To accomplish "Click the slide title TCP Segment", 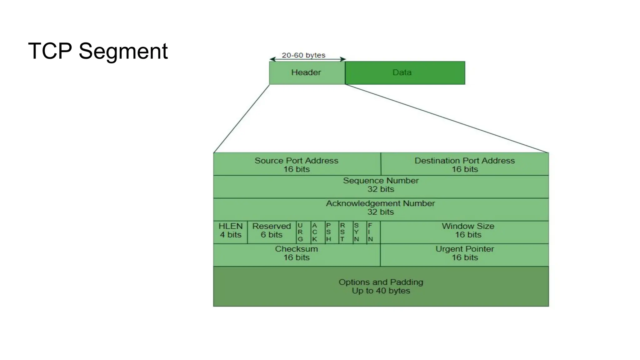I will pos(98,51).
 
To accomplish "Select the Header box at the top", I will pos(307,72).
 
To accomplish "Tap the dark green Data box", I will pos(405,72).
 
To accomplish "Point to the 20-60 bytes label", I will pos(303,55).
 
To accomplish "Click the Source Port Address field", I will pos(297,164).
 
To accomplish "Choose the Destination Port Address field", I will pos(465,164).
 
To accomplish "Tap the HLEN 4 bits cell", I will pos(231,232).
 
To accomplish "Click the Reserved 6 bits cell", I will pos(272,232).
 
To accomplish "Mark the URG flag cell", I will pos(300,232).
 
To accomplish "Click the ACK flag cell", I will pos(315,232).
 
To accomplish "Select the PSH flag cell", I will pos(328,232).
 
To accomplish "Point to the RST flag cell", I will pos(342,232).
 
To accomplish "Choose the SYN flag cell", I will pos(356,232).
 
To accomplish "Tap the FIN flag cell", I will pos(370,232).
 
